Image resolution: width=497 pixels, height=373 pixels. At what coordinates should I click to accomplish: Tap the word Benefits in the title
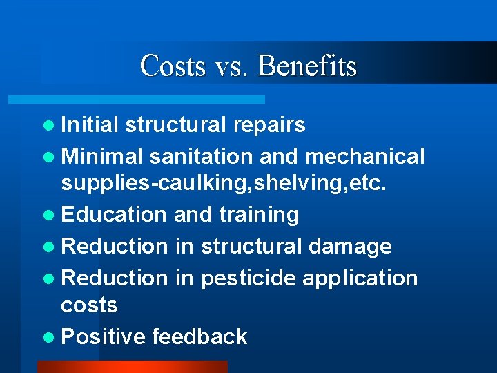[307, 66]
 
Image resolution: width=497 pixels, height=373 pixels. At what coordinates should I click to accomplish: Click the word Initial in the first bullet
[90, 124]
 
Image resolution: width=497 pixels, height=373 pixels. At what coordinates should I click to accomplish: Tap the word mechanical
[364, 157]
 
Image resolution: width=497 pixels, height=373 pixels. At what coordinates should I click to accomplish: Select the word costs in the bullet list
[90, 305]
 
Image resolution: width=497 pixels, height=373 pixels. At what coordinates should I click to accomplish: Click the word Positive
[104, 336]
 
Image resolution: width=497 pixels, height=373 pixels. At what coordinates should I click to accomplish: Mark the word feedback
[199, 336]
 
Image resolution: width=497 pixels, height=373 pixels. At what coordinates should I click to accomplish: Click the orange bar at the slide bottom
[131, 367]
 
